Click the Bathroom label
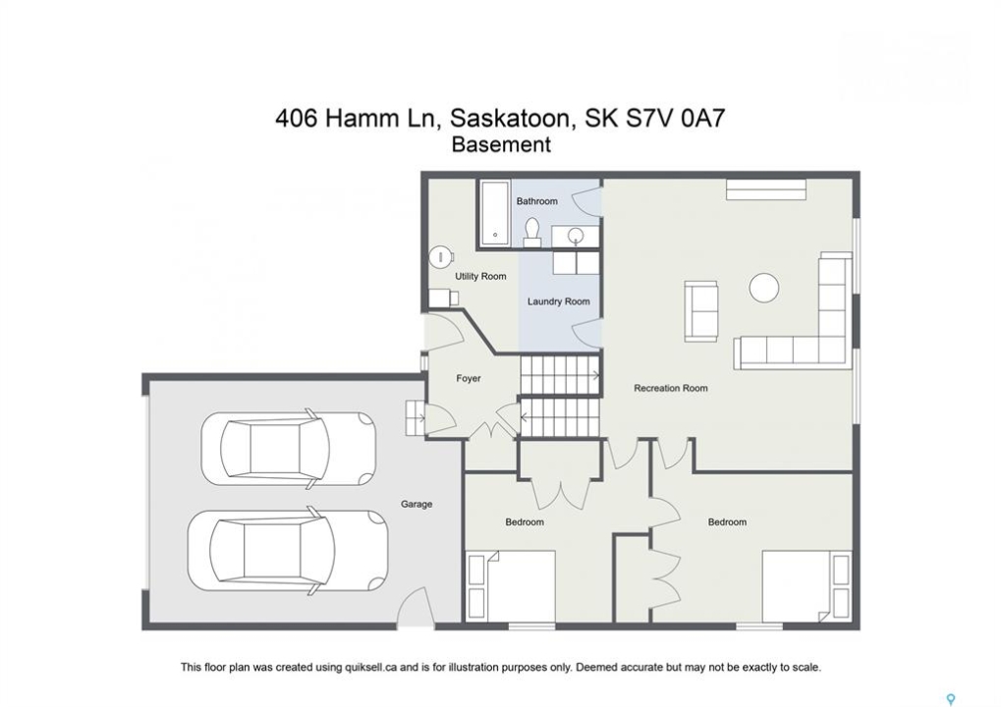coord(537,201)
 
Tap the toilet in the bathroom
coord(531,233)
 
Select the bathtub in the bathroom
coord(495,214)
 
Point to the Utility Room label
coord(480,276)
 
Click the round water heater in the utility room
coord(440,256)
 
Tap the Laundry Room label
coord(559,301)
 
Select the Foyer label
coord(468,378)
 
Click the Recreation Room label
coord(670,388)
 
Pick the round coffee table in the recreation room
coord(763,288)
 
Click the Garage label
coord(417,504)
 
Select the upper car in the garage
coord(288,449)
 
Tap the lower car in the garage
coord(287,549)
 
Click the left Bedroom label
coord(525,522)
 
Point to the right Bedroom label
coord(727,522)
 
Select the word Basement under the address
coord(501,145)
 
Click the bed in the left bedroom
coord(510,585)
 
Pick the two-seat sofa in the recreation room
coord(701,310)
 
